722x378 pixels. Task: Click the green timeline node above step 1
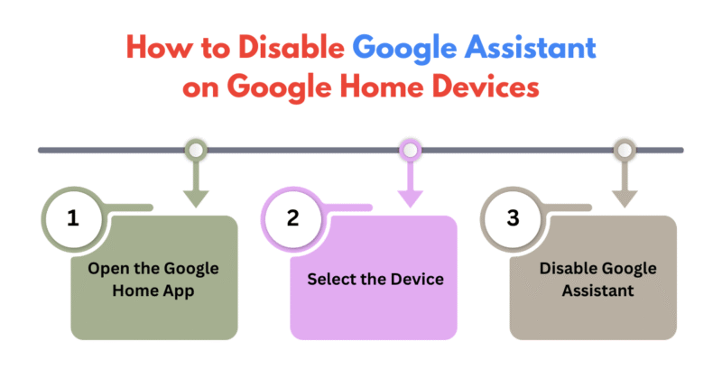[194, 150]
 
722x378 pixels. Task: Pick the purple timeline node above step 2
[411, 150]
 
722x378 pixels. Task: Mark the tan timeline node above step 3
[624, 150]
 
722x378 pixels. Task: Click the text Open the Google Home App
[153, 280]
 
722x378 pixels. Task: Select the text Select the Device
[375, 280]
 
